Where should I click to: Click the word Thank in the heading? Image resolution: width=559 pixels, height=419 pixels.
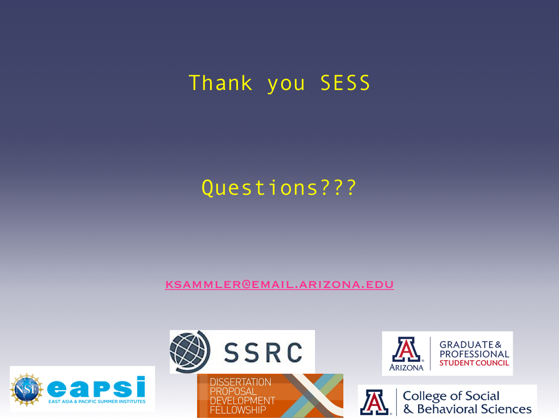[221, 83]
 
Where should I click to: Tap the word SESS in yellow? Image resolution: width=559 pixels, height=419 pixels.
[345, 83]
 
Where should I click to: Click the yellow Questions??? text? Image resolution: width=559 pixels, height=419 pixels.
[279, 188]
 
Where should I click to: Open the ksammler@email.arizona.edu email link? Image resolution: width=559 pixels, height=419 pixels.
[279, 284]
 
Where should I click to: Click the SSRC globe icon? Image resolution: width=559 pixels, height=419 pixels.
[190, 352]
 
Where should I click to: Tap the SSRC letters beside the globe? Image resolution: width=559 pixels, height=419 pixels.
[264, 352]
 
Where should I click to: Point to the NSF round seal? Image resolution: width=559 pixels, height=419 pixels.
[26, 389]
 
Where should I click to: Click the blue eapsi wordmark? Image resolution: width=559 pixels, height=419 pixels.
[96, 387]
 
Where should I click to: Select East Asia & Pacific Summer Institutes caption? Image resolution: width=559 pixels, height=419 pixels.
[97, 402]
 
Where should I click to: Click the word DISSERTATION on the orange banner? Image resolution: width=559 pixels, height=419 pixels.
[240, 382]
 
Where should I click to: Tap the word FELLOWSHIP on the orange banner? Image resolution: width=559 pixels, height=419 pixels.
[238, 410]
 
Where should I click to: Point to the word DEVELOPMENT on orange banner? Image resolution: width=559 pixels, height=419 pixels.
[242, 401]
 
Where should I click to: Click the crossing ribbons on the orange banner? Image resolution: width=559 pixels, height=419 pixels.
[314, 395]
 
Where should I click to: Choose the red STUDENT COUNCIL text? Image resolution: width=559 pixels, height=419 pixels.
[474, 363]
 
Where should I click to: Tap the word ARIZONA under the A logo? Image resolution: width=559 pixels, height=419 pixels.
[406, 367]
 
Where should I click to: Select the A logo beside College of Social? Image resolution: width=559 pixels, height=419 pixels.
[374, 402]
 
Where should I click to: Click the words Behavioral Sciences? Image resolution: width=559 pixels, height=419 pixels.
[474, 409]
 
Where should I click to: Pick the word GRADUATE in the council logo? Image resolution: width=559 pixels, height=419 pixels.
[466, 345]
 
